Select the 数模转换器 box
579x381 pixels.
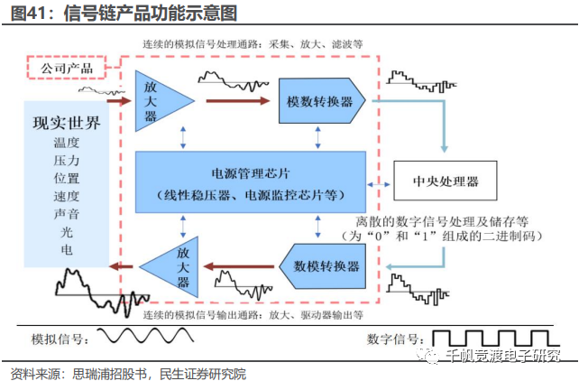[326, 266]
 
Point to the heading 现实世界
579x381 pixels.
[66, 124]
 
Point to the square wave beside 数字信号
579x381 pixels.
[494, 339]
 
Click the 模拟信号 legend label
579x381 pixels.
[60, 339]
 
